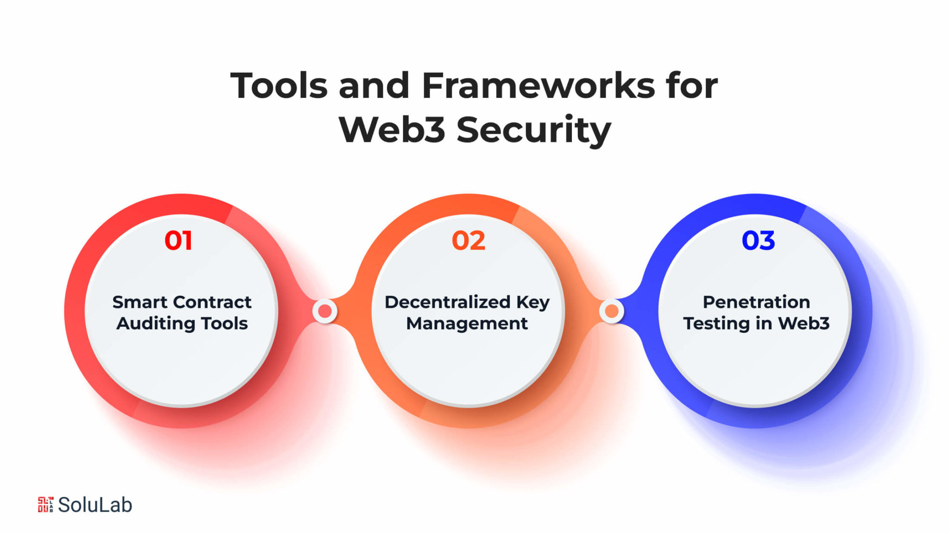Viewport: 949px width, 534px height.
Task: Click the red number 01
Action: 178,241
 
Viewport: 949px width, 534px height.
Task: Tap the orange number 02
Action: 468,241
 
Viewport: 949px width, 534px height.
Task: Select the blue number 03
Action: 758,241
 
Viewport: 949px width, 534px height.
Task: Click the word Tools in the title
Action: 279,86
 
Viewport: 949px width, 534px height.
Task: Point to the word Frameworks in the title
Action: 539,86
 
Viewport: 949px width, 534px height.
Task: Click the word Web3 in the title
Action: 392,129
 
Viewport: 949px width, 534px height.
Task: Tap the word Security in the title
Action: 534,130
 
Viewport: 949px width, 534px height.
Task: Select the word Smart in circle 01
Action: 140,302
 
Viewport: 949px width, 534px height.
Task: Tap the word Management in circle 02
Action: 467,324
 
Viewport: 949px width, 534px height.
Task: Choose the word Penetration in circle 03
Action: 756,302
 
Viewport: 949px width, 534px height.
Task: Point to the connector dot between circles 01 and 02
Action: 325,311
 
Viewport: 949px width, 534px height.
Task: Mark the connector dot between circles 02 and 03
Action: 612,311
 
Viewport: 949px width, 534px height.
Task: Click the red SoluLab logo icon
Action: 45,504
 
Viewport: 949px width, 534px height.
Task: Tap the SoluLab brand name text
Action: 95,505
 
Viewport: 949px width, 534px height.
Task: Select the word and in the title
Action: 374,86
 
